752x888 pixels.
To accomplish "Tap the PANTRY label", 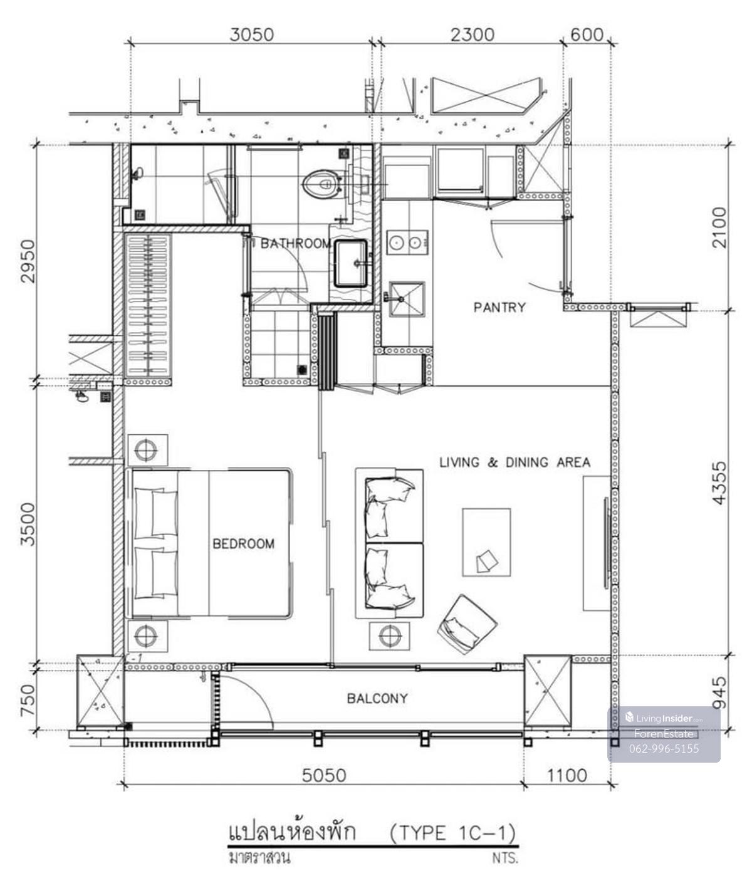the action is point(499,307).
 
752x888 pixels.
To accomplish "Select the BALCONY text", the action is point(377,699).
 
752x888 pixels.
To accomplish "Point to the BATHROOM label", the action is point(296,244).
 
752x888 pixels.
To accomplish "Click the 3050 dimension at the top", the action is point(251,35).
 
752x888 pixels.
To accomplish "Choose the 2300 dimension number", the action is point(473,35).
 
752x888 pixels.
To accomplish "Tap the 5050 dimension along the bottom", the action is point(324,775).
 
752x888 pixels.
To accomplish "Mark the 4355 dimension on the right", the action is point(719,483).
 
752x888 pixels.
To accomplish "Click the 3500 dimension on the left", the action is point(28,524).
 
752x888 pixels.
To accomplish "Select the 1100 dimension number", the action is point(567,775).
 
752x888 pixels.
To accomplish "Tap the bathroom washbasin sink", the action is point(351,263).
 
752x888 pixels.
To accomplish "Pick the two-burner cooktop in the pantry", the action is point(407,243).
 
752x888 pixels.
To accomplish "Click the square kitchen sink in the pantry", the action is point(407,299).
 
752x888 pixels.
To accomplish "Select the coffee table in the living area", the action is point(486,542).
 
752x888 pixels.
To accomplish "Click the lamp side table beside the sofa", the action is point(389,635).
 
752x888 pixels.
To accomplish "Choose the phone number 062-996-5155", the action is point(664,748).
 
